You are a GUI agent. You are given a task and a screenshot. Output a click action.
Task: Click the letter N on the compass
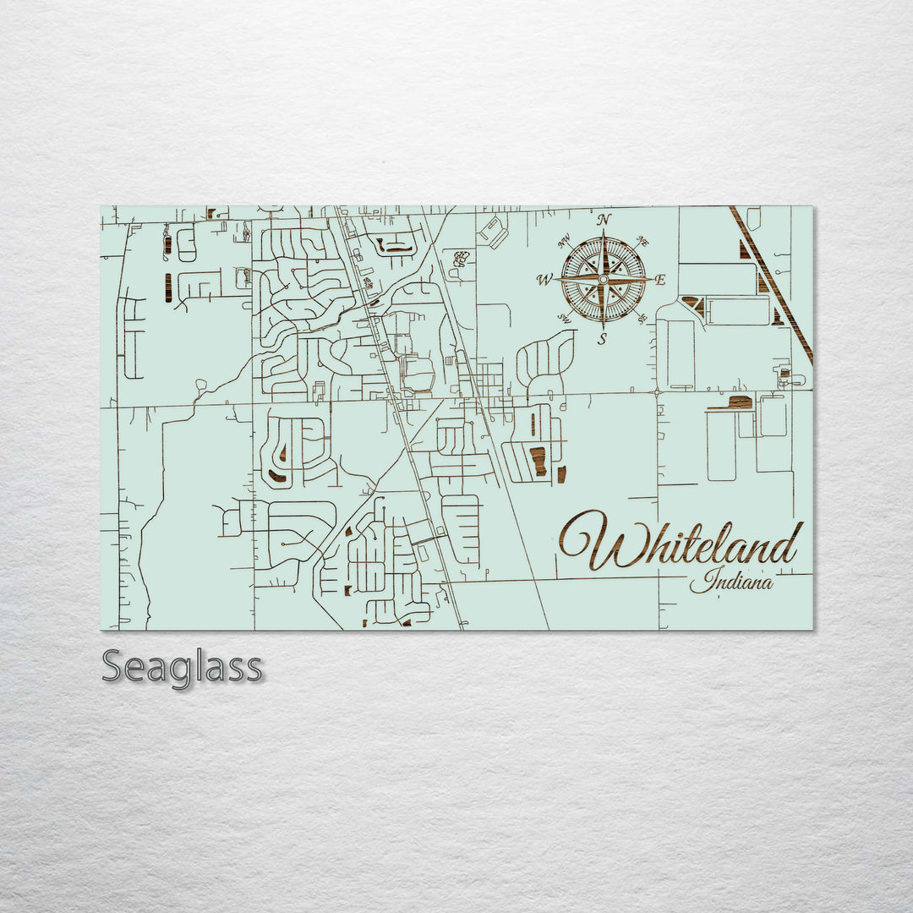pos(604,220)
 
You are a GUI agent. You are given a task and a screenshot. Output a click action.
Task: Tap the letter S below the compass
pos(602,340)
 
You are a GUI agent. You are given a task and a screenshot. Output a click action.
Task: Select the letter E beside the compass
pos(660,280)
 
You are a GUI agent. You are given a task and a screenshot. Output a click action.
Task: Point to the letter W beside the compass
pos(545,280)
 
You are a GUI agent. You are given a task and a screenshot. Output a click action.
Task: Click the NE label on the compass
pos(642,241)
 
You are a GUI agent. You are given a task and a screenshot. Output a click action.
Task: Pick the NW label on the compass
pos(564,240)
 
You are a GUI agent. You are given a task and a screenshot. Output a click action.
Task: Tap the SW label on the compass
pos(563,317)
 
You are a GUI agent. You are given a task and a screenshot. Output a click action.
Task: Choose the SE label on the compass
pos(642,318)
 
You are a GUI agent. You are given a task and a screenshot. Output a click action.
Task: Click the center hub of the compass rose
pos(603,279)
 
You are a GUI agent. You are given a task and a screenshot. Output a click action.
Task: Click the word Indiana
pos(730,582)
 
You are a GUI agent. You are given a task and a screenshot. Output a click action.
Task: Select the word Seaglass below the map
pos(182,667)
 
